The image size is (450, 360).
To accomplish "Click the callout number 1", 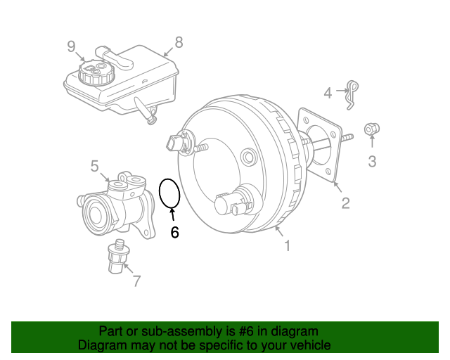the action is click(288, 245).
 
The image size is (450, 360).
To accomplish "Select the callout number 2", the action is click(346, 203).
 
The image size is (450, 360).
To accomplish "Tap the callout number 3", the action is click(372, 161).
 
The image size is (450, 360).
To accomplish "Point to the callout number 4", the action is click(328, 93).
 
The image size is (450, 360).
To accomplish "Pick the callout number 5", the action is click(95, 166).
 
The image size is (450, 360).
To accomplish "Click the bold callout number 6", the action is click(174, 232).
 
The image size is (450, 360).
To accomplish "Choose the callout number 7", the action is click(137, 281).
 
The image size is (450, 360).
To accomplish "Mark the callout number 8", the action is click(179, 42).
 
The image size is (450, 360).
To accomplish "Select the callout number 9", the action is click(71, 46).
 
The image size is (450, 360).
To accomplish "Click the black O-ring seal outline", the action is click(160, 193).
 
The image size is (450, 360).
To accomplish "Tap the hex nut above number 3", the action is click(372, 129).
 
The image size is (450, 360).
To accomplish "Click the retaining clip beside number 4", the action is click(352, 95).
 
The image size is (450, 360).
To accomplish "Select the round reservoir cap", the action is click(96, 72).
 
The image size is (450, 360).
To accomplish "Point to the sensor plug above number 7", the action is click(118, 257).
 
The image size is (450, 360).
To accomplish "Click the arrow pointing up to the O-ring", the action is click(172, 214).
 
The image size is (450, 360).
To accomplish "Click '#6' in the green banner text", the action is click(246, 331).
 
